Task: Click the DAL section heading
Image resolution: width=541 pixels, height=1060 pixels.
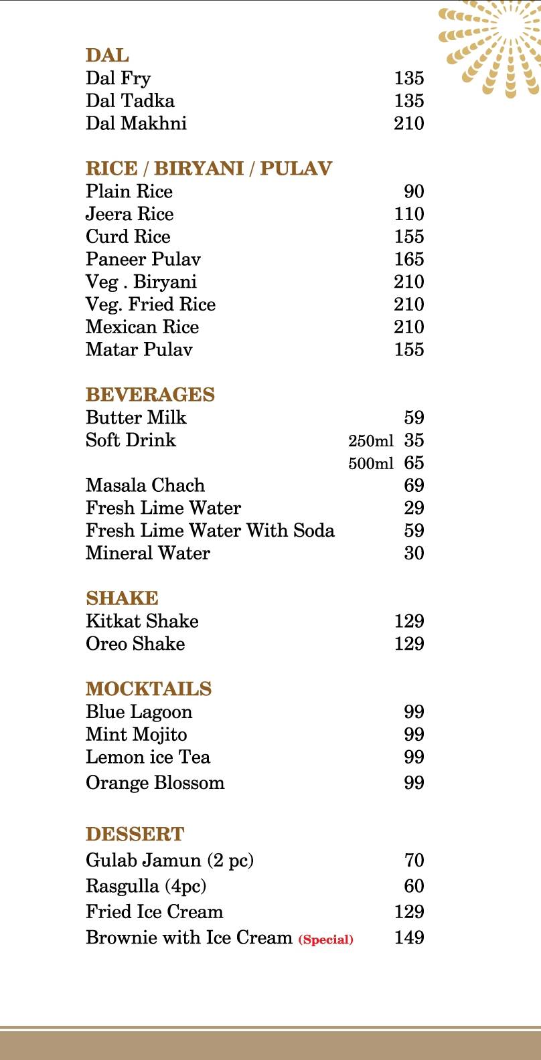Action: (x=107, y=56)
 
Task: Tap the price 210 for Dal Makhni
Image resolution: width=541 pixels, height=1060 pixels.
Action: (x=408, y=123)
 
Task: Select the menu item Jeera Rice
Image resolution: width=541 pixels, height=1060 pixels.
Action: (x=129, y=214)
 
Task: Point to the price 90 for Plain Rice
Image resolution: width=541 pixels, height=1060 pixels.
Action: (x=414, y=191)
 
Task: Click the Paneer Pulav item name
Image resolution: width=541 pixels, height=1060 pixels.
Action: (x=143, y=259)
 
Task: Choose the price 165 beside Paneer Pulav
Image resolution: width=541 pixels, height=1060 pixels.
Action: (x=408, y=259)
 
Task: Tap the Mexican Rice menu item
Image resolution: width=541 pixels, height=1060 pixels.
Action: (x=142, y=327)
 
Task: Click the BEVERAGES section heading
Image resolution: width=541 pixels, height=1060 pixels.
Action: (x=150, y=395)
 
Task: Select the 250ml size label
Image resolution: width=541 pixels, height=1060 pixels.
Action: (x=370, y=441)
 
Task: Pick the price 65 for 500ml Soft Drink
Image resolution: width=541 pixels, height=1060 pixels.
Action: (x=414, y=463)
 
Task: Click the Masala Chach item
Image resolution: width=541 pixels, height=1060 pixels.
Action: (x=145, y=485)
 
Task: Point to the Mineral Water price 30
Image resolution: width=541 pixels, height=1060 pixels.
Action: (x=414, y=553)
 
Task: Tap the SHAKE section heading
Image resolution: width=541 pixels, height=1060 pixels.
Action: (x=122, y=598)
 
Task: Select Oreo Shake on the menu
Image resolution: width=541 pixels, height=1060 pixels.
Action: (x=135, y=644)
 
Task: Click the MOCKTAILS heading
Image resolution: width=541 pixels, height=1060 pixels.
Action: (x=149, y=689)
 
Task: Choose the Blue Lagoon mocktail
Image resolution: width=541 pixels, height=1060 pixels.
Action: (x=139, y=712)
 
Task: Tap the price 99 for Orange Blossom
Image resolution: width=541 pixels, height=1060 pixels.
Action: (x=414, y=783)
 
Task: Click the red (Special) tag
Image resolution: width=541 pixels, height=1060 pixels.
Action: (x=326, y=940)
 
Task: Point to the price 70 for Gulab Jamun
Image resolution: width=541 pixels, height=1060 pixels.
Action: (x=414, y=861)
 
